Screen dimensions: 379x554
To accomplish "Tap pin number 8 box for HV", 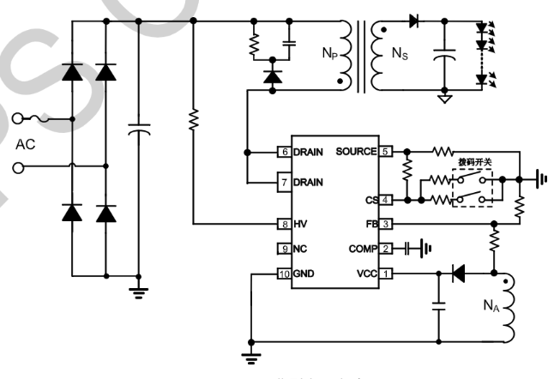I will [282, 224].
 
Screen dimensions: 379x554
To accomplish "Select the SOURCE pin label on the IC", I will [356, 152].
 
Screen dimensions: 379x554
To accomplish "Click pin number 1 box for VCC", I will [386, 274].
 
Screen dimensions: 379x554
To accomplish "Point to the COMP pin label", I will [360, 249].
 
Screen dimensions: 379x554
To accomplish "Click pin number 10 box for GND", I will [282, 274].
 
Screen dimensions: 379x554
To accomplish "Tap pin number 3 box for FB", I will [386, 224].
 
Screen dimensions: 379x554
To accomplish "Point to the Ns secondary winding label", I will [400, 53].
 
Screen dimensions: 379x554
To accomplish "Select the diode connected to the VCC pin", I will [457, 274].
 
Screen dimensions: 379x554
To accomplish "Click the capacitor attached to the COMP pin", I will [408, 249].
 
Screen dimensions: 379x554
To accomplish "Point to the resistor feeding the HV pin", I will [193, 120].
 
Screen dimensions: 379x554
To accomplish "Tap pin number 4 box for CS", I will [386, 200].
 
